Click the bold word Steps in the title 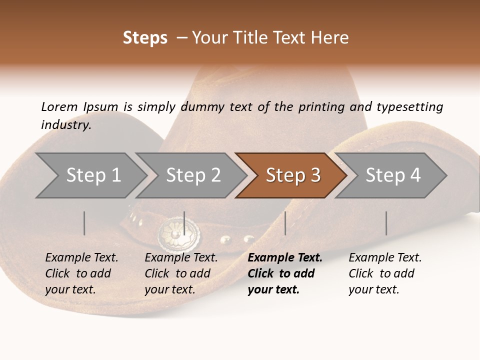[x=145, y=38]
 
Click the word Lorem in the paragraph [x=59, y=106]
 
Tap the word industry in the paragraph [x=65, y=125]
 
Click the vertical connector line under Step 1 [x=84, y=223]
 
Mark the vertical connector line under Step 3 [x=285, y=223]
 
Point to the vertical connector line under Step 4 [x=386, y=223]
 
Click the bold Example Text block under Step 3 [x=285, y=273]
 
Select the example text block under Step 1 [x=81, y=273]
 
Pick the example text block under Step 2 [x=181, y=273]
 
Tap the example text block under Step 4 [x=385, y=273]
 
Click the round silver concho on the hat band [x=178, y=233]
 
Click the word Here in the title [x=330, y=38]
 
